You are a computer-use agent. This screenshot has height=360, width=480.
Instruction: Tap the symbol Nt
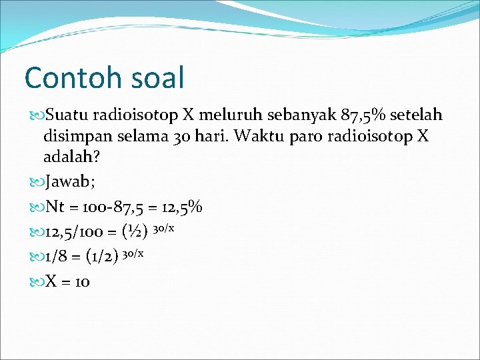click(55, 207)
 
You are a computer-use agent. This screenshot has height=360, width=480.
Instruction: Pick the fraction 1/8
click(57, 255)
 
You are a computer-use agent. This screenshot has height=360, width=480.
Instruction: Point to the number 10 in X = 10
click(82, 281)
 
